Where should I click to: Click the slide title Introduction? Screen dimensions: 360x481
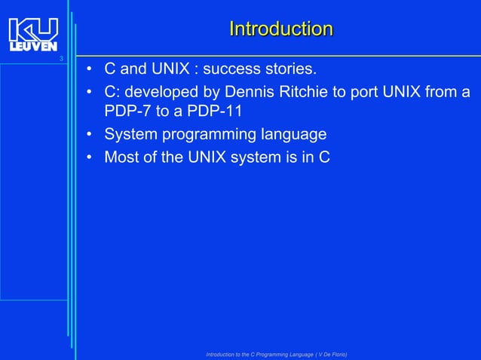point(280,29)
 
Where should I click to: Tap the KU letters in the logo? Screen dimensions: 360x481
point(33,30)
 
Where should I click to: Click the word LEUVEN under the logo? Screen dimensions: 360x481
point(33,47)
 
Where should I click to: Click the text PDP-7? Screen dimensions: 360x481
point(127,113)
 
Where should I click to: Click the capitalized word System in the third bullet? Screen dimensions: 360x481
point(130,135)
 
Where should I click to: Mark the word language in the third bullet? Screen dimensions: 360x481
point(293,135)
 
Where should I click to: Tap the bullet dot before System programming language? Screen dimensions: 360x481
point(88,136)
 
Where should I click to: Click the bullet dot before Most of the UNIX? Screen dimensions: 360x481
point(88,157)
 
